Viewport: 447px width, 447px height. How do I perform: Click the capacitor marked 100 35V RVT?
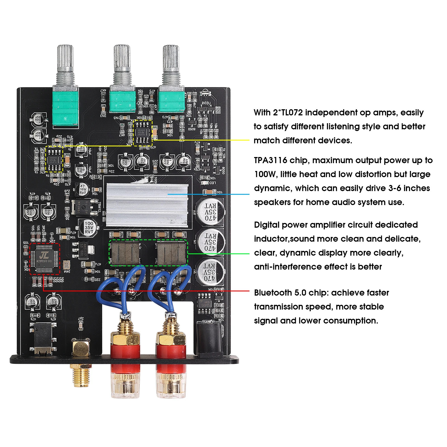[x=89, y=227]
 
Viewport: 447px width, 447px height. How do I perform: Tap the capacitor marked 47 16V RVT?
[x=82, y=189]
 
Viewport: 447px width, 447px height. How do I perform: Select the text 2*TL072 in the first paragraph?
[x=288, y=113]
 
